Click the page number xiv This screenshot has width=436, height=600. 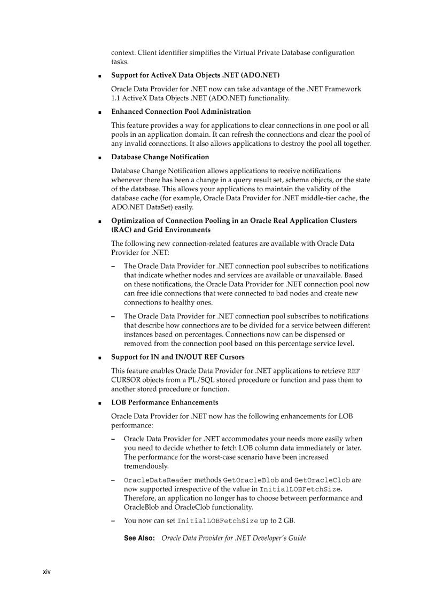coord(46,572)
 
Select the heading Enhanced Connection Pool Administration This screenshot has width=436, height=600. coord(181,112)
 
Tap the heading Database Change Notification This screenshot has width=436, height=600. coord(160,157)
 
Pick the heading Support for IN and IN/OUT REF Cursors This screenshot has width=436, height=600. coord(177,357)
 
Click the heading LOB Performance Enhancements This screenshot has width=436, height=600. coord(165,402)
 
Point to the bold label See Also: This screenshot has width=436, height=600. coord(139,538)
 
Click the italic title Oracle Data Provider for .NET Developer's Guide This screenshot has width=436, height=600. coord(233,538)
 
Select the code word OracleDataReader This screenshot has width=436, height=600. coord(158,480)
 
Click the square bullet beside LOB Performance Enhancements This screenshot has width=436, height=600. coord(99,403)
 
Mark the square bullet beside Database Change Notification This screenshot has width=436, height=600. coord(99,158)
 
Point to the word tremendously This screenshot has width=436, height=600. coord(146,466)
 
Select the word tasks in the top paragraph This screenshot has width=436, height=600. coord(120,62)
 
